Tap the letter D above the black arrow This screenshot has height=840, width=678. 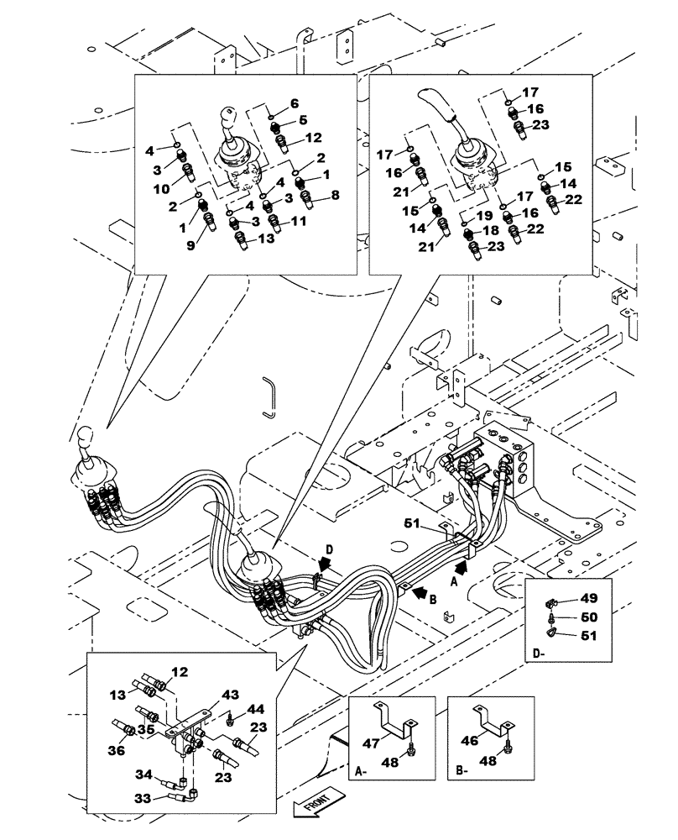329,549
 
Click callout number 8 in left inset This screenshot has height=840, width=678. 335,194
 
